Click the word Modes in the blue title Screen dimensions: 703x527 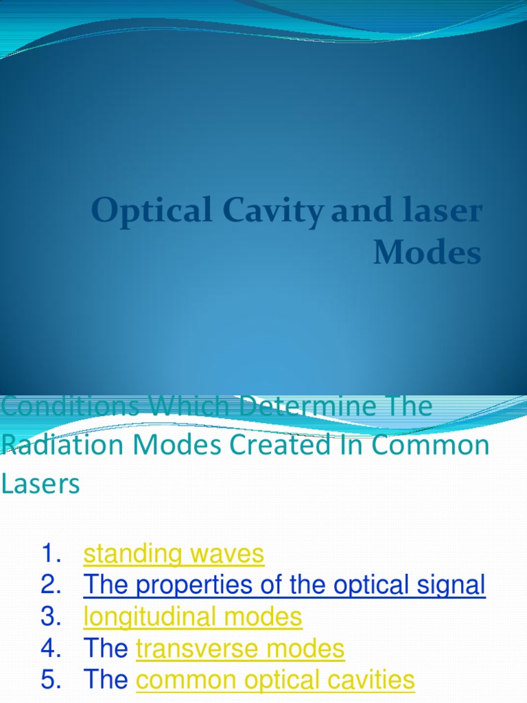(427, 253)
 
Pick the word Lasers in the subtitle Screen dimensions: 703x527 (40, 484)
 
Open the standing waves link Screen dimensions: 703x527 (174, 554)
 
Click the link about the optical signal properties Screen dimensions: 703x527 (284, 586)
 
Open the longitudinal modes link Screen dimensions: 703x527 (193, 617)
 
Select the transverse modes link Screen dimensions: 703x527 (240, 649)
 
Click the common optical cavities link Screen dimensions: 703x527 (275, 680)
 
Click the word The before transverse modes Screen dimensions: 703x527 (106, 649)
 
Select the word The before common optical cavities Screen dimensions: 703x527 (106, 680)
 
